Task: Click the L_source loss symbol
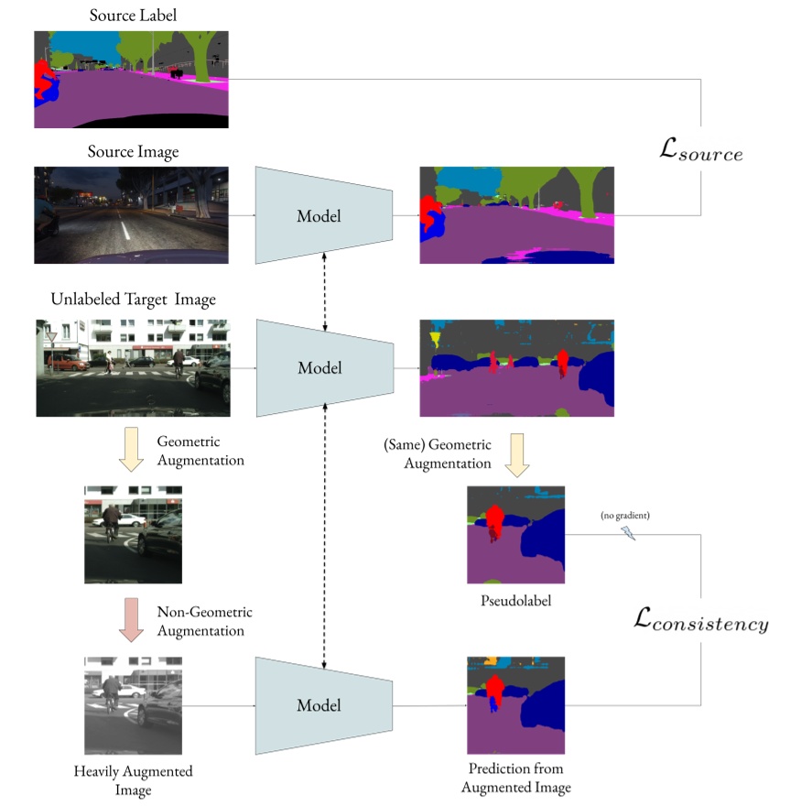(700, 151)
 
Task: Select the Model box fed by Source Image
(319, 216)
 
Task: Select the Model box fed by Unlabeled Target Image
(319, 368)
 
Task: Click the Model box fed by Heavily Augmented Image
(319, 704)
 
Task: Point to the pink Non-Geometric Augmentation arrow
(132, 620)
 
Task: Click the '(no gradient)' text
(625, 517)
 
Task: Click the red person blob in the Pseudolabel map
(494, 520)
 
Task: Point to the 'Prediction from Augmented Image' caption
(515, 779)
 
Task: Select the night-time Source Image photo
(131, 215)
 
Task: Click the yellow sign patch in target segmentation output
(434, 340)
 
